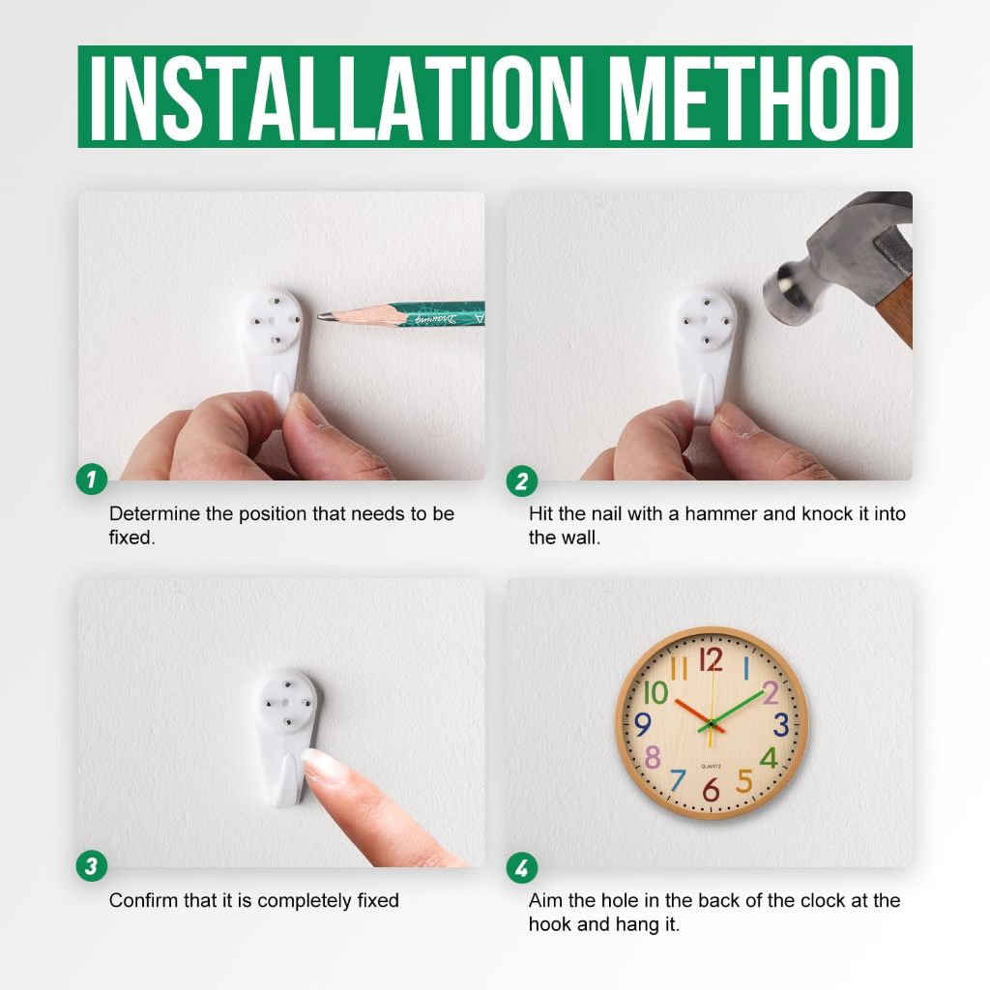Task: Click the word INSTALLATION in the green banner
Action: tap(336, 98)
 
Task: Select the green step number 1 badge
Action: tap(92, 480)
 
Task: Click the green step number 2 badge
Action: tap(521, 481)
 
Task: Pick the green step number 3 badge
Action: tap(92, 865)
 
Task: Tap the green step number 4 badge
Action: tap(521, 868)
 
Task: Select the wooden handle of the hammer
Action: tap(894, 312)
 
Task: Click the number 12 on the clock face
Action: tap(711, 659)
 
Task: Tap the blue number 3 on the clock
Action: tap(781, 724)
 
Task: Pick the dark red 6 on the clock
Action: tap(711, 789)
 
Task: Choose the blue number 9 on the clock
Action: tap(642, 724)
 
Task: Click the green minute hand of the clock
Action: tap(733, 710)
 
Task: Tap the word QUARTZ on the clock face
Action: tap(711, 767)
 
